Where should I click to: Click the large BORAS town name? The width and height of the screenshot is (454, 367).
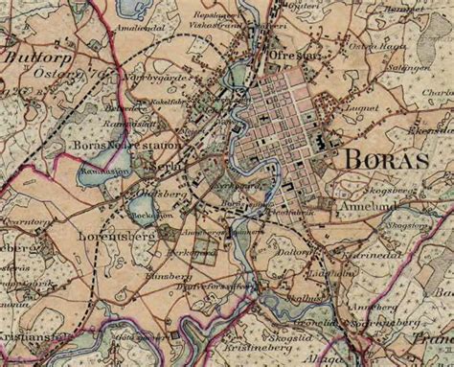coord(392,159)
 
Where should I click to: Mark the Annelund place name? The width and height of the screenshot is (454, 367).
coord(352,203)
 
